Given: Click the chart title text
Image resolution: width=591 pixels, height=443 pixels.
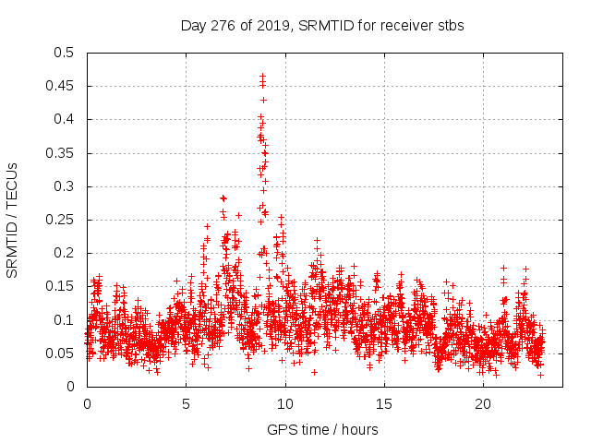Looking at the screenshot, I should (321, 25).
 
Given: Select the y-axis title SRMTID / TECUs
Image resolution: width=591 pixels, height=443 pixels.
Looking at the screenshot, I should (13, 220).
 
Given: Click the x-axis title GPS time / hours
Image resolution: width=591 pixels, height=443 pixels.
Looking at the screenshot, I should (321, 429).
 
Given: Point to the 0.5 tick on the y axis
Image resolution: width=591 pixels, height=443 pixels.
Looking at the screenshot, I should (65, 53).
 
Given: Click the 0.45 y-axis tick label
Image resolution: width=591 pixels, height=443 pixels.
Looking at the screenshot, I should (61, 86).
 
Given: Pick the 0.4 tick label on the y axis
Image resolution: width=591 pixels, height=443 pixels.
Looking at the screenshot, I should (65, 120).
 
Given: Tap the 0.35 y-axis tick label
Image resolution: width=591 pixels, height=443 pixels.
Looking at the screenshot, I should (61, 153).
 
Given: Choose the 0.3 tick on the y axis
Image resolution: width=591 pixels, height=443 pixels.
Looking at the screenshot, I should (65, 186).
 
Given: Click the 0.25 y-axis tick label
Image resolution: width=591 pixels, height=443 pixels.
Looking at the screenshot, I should (61, 220).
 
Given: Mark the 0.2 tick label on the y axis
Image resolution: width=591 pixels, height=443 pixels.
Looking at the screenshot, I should (65, 254).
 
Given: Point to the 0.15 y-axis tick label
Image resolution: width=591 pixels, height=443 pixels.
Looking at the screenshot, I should (61, 287).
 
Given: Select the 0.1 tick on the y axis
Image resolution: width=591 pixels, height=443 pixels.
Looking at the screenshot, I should (65, 320).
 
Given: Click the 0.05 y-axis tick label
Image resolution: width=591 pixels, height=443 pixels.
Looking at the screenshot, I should (61, 353).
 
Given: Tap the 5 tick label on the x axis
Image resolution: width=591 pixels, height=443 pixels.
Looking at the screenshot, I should (186, 404).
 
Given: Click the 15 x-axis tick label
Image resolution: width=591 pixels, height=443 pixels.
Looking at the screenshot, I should (383, 404).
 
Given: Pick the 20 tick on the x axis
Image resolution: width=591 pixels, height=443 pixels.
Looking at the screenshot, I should (482, 404).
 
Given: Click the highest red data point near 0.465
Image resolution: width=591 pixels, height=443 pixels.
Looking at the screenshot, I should (262, 76).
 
